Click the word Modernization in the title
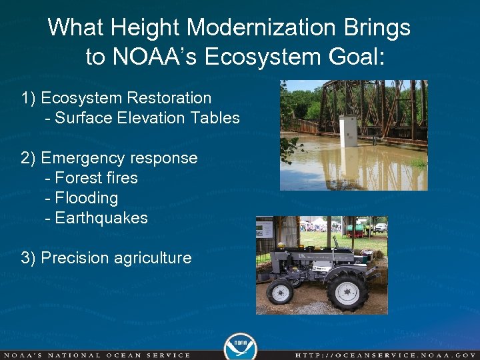click(265, 28)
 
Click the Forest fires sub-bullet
click(96, 178)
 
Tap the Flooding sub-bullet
click(86, 198)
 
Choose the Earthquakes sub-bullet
click(101, 218)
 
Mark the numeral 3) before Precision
click(29, 258)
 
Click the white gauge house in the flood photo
click(348, 131)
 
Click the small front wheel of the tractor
click(281, 292)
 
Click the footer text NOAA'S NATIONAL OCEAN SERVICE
click(97, 355)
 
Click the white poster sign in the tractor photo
click(264, 230)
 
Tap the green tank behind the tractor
click(355, 229)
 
